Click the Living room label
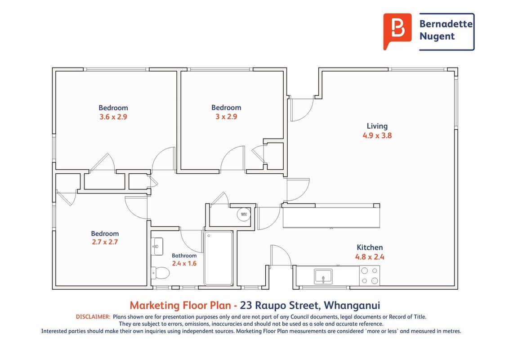[x=377, y=126]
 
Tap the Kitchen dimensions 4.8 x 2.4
[x=370, y=257]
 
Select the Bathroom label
[x=184, y=256]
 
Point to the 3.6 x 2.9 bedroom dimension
[x=113, y=117]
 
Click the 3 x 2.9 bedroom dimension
[x=226, y=117]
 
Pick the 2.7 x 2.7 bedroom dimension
[x=104, y=242]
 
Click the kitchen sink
[x=323, y=276]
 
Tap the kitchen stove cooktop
[x=370, y=275]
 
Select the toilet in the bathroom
[x=160, y=273]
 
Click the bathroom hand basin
[x=157, y=247]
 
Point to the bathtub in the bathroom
[x=218, y=258]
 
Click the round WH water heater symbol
[x=244, y=215]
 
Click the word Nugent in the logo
[x=437, y=36]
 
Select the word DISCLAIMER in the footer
[x=93, y=317]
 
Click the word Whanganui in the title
[x=352, y=306]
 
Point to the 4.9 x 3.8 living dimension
[x=377, y=135]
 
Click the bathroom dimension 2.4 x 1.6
[x=184, y=264]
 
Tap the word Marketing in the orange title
[x=155, y=306]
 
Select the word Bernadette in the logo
[x=446, y=24]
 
